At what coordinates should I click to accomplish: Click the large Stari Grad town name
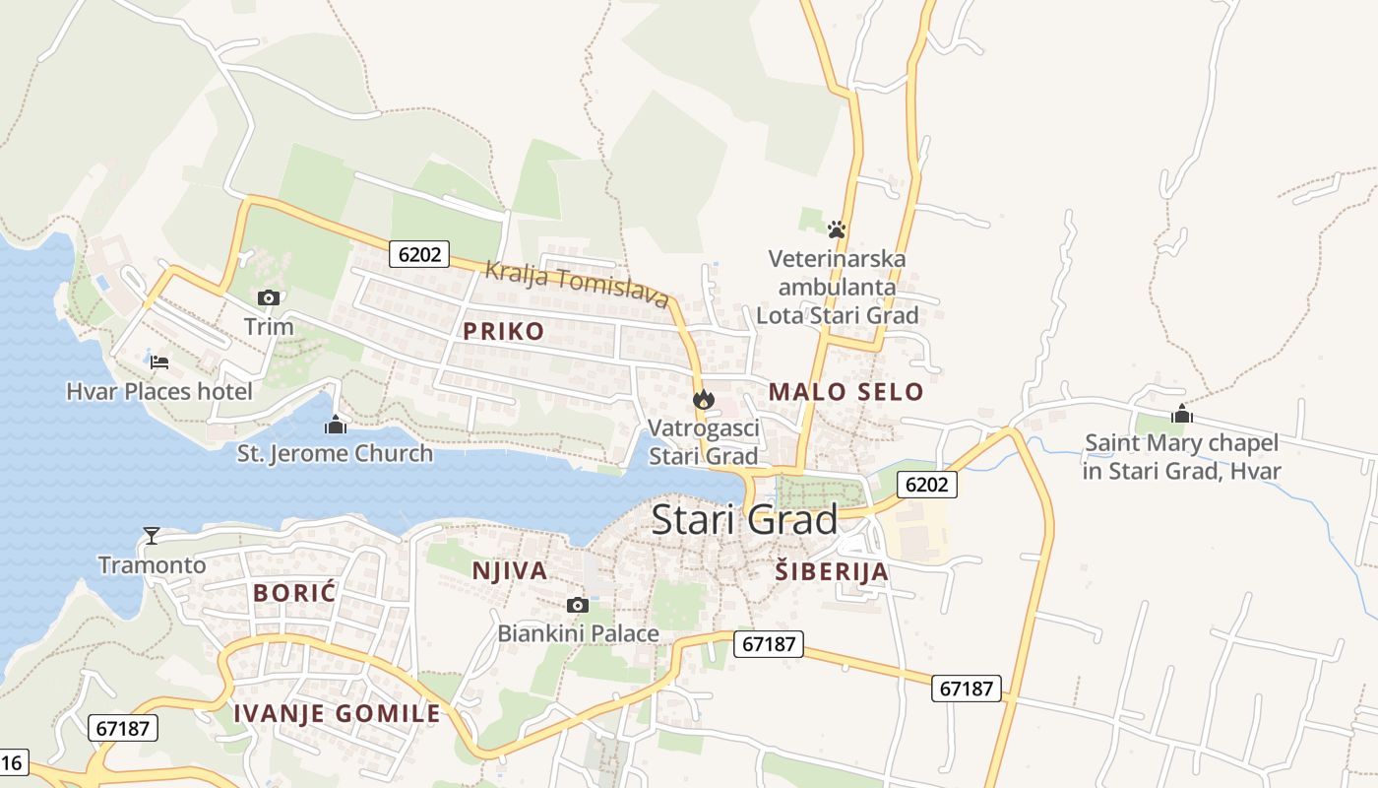pyautogui.click(x=744, y=519)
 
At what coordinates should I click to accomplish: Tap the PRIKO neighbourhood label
pyautogui.click(x=503, y=331)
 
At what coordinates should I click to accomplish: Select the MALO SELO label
pyautogui.click(x=846, y=391)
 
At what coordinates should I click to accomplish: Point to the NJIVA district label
pyautogui.click(x=509, y=570)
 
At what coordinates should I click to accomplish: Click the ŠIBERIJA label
pyautogui.click(x=831, y=571)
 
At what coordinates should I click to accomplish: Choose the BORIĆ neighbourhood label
pyautogui.click(x=294, y=593)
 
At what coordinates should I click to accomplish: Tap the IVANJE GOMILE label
pyautogui.click(x=337, y=714)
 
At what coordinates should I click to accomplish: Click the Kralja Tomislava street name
pyautogui.click(x=577, y=284)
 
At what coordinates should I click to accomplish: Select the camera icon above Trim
pyautogui.click(x=269, y=297)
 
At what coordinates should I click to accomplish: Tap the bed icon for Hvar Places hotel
pyautogui.click(x=159, y=362)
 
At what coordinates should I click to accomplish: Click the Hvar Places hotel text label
pyautogui.click(x=159, y=392)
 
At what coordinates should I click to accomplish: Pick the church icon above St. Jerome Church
pyautogui.click(x=336, y=426)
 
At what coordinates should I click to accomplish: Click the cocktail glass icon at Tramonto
pyautogui.click(x=152, y=535)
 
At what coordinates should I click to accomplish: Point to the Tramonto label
pyautogui.click(x=153, y=564)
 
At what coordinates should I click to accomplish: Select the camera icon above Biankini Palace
pyautogui.click(x=578, y=605)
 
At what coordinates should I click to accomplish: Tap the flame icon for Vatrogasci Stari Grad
pyautogui.click(x=703, y=399)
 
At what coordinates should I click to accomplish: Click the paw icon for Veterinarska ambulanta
pyautogui.click(x=837, y=230)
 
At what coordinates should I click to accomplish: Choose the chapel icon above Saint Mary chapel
pyautogui.click(x=1182, y=415)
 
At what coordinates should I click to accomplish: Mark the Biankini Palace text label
pyautogui.click(x=578, y=633)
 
